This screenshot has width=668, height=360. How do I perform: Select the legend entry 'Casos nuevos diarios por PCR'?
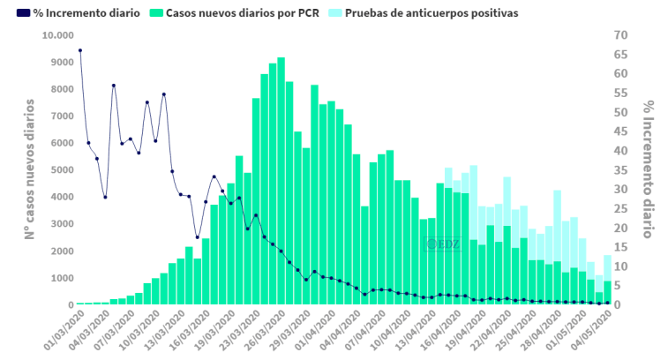coord(242,14)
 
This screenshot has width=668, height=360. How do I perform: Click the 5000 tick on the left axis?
coord(60,170)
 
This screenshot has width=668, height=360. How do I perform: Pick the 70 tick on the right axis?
coord(621,35)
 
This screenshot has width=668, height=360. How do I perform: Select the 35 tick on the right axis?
coord(621,170)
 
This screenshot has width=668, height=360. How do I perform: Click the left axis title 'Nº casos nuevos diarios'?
coord(29,169)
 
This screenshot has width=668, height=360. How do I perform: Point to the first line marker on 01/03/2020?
coord(80,50)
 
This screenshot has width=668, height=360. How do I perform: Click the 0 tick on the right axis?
coord(618,304)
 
